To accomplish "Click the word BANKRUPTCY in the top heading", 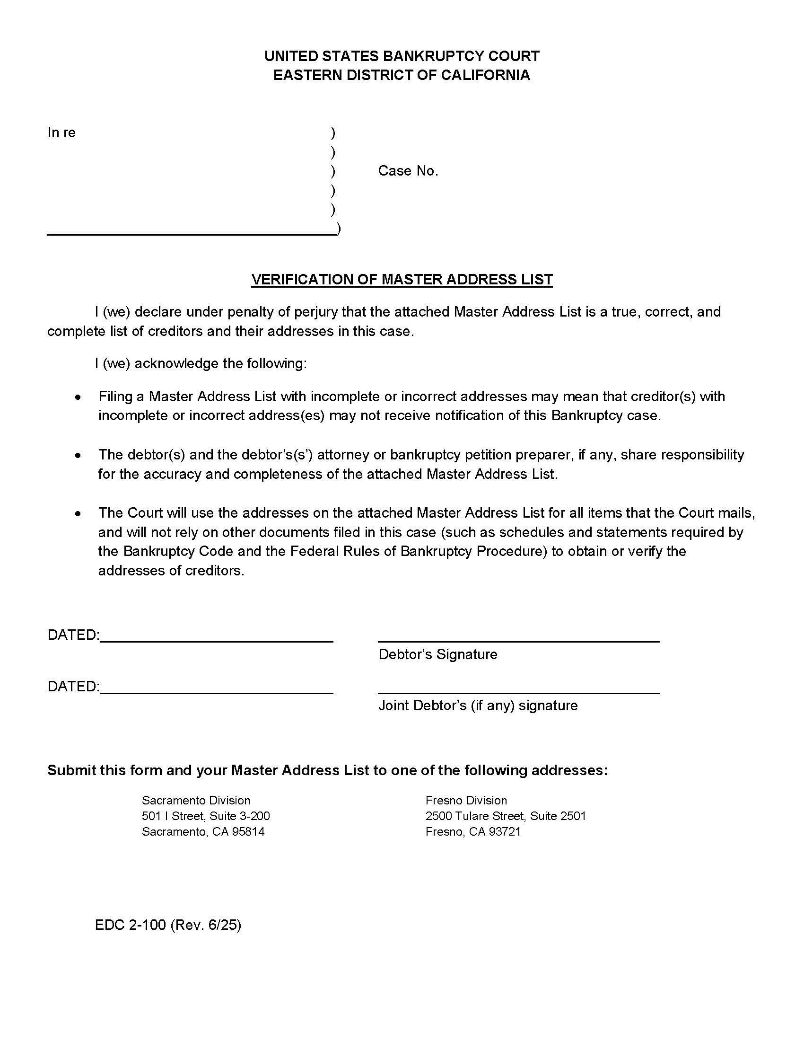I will click(427, 56).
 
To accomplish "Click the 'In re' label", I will click(61, 132).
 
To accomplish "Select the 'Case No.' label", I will click(408, 171).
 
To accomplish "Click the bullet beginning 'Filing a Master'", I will click(79, 397).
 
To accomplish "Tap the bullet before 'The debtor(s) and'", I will click(79, 455).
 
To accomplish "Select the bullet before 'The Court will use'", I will click(79, 513).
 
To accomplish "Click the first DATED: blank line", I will click(216, 641).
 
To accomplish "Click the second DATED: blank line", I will click(216, 693).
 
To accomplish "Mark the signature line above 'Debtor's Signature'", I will click(518, 641).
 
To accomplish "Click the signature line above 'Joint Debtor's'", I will click(518, 693).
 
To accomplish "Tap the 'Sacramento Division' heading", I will click(196, 800).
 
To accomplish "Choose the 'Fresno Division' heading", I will click(466, 800).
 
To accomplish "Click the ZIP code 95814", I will click(248, 832).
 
